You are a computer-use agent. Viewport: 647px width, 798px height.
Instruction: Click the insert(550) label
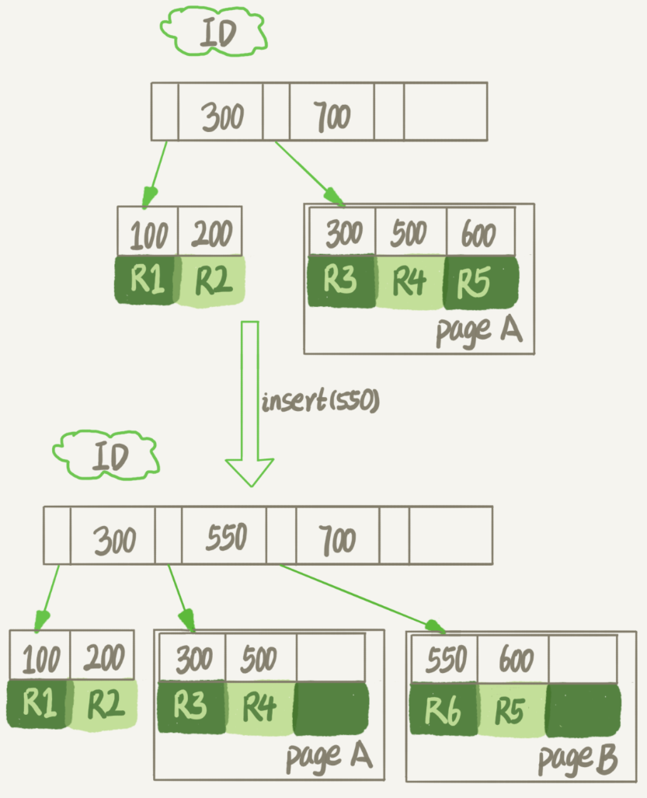pos(320,402)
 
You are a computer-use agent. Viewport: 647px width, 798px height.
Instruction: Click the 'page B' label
pos(576,759)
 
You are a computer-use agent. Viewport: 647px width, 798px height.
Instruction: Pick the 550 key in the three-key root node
pos(225,536)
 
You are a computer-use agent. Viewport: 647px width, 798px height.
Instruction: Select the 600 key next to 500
pos(479,232)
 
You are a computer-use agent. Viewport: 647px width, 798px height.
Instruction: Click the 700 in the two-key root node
pos(331,117)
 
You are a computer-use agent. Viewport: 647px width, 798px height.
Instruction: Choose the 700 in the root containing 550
pos(338,538)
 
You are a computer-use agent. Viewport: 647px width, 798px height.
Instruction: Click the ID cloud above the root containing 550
pos(106,455)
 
